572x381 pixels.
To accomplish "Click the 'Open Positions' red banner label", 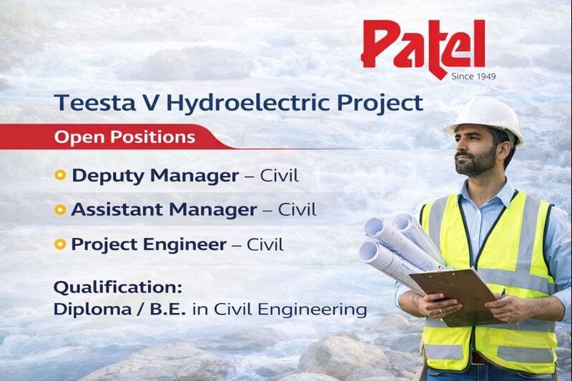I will (126, 136).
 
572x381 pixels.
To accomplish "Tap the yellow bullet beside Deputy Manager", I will (61, 174).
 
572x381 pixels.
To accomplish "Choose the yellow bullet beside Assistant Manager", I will (61, 210).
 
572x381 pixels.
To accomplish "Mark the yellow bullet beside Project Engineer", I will (61, 245).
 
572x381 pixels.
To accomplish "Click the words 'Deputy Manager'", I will (153, 175).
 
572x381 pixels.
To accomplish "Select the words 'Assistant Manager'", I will (164, 210).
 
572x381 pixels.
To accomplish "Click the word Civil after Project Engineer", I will (265, 245).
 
